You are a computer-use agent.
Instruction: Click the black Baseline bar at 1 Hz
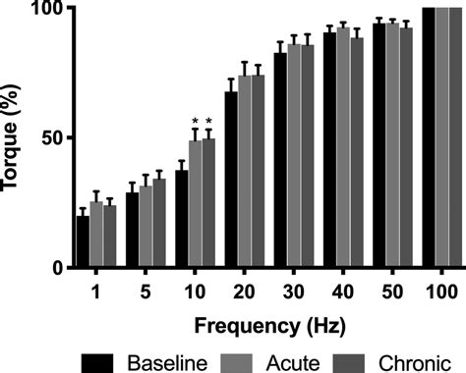(84, 242)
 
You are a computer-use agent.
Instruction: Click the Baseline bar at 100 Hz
(428, 137)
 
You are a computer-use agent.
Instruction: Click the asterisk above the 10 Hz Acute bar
(195, 124)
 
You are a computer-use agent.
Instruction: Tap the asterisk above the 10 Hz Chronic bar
(208, 124)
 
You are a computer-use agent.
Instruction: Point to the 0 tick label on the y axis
(58, 267)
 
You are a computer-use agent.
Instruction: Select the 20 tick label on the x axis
(244, 292)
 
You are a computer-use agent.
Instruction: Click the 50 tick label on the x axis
(391, 292)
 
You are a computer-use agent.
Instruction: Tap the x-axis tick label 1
(96, 292)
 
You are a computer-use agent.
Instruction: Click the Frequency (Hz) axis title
(267, 323)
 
